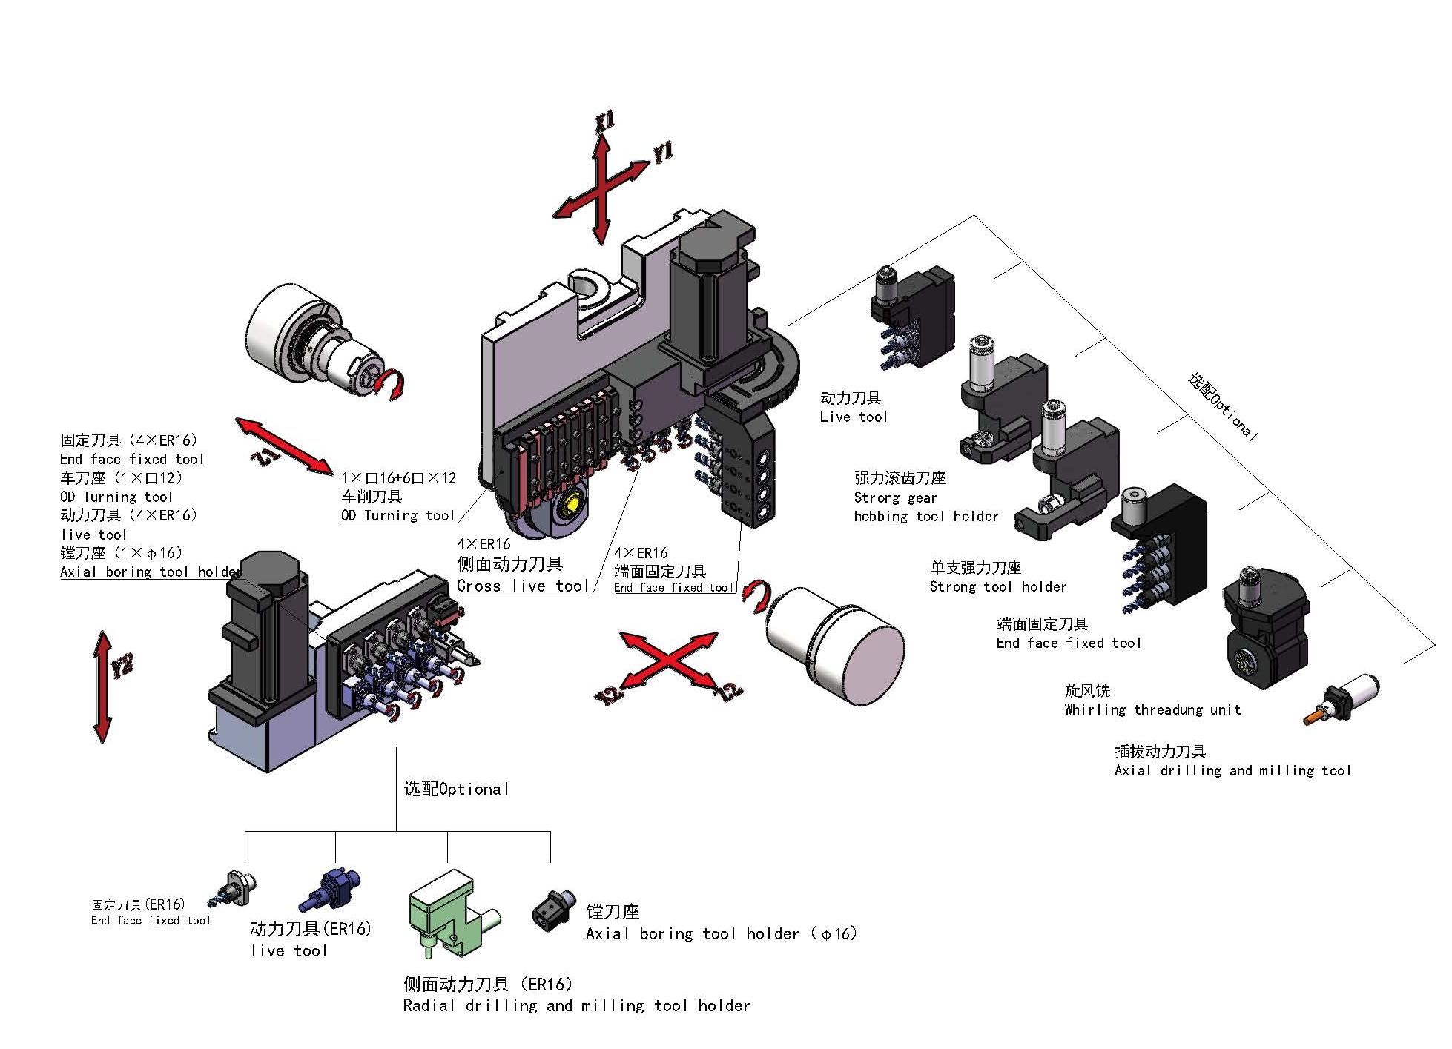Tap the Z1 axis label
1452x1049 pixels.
coord(265,454)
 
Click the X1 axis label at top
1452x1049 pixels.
coord(605,122)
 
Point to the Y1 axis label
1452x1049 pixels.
coord(662,153)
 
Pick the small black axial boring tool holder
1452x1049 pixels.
coord(552,910)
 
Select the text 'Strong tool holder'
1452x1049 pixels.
coord(997,587)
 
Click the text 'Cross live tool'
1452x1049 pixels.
coord(523,586)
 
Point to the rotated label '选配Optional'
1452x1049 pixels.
coord(1223,406)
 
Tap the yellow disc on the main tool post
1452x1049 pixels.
coord(574,506)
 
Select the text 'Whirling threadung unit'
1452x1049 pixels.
coord(1152,710)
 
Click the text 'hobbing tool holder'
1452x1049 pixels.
coord(925,517)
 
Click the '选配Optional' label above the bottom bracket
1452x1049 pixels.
coord(456,790)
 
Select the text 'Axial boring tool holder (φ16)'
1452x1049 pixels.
coord(721,934)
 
